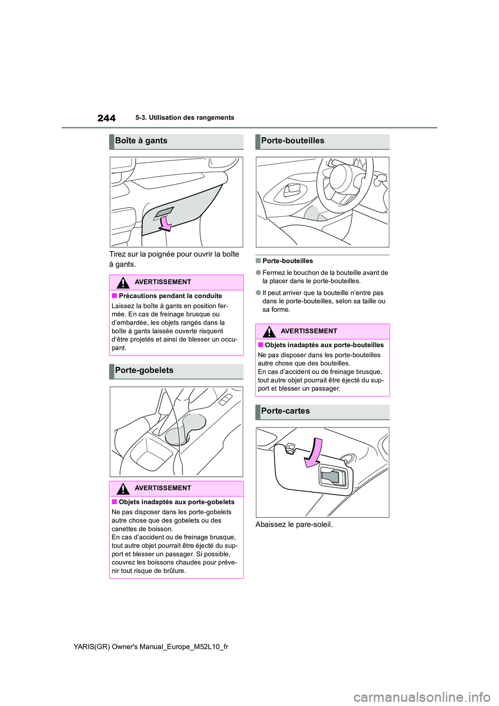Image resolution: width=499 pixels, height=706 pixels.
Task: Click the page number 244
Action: coord(106,118)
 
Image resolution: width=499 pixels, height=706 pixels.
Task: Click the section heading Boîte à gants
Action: coord(141,141)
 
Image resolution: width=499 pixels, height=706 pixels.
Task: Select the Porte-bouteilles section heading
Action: coord(293,141)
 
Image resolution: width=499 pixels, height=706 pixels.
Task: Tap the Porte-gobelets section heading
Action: coord(144,371)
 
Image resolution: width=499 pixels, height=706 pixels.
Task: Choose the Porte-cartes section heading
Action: coord(285,411)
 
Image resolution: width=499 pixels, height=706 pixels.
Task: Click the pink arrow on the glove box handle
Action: coord(165,223)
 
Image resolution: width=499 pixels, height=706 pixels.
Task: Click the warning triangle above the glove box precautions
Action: coord(123,283)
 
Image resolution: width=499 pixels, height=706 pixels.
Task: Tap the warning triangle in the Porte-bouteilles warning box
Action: coord(269,332)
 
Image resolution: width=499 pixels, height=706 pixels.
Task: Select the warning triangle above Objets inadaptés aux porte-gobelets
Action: coord(123,489)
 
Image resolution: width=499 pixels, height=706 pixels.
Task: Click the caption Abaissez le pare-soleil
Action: coord(294,525)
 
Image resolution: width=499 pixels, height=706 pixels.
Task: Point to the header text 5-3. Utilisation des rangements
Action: coord(185,118)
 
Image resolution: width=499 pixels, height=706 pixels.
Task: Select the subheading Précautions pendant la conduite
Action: coord(170,296)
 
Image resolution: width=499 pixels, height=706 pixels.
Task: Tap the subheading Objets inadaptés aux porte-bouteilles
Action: coord(324,345)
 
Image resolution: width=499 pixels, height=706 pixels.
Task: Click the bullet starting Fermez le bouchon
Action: coord(325,277)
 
